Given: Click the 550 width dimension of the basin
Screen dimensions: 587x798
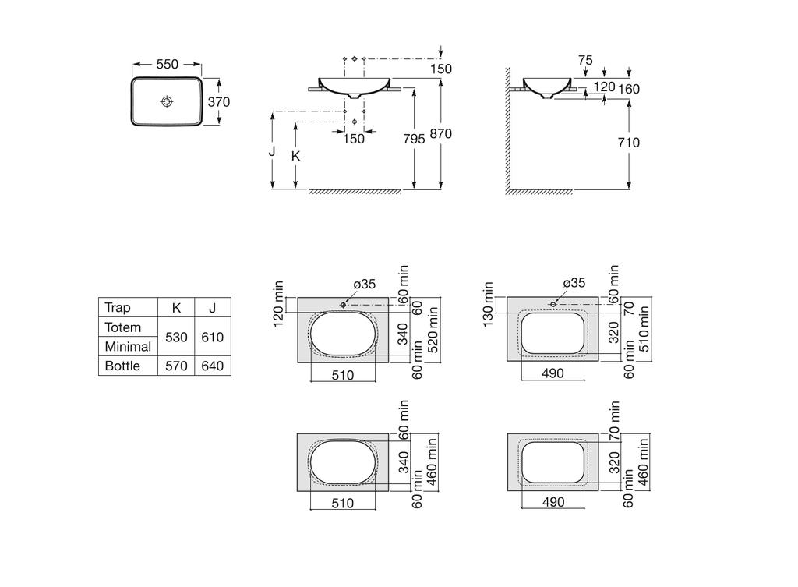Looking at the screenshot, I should tap(167, 65).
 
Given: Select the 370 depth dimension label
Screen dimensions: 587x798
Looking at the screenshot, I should tap(218, 101).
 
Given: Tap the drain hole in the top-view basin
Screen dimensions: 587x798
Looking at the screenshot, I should tap(167, 101).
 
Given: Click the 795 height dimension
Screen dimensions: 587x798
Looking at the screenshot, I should tap(414, 139).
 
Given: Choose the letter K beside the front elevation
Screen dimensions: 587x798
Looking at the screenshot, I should tap(295, 155).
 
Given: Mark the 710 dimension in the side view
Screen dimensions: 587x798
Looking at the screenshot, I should tap(627, 143).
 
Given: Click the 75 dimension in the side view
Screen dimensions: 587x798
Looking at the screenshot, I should tap(586, 60).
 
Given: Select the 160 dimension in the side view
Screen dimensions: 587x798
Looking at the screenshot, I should tap(628, 89).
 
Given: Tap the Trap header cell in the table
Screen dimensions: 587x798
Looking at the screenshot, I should tap(118, 308).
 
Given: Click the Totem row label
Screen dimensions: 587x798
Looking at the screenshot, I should tap(123, 327).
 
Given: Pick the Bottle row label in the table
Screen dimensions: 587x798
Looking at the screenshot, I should tap(122, 366).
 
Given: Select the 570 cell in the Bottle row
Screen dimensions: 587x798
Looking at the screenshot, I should tap(176, 366).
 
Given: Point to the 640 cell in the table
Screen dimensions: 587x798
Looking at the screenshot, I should tap(212, 366).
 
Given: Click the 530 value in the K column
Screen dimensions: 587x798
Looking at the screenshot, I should tap(176, 337).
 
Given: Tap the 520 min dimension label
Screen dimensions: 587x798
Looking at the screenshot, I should tap(433, 328).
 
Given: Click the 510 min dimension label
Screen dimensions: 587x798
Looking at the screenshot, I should tap(644, 328).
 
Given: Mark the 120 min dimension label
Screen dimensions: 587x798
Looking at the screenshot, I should tap(279, 304).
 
